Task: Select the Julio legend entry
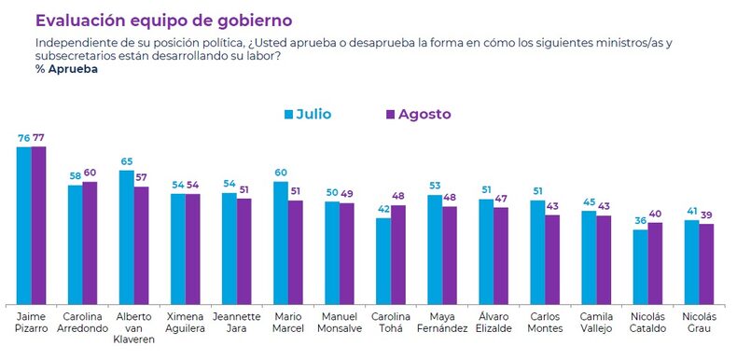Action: point(307,115)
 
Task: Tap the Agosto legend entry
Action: point(417,115)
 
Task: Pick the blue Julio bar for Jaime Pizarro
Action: point(24,224)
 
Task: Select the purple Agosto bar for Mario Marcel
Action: point(294,251)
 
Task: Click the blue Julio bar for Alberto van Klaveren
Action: point(127,236)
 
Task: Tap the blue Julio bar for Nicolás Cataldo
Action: point(640,266)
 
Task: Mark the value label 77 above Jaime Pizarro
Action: point(39,138)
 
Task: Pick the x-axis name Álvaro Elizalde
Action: point(493,323)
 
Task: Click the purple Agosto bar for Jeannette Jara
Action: point(243,251)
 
